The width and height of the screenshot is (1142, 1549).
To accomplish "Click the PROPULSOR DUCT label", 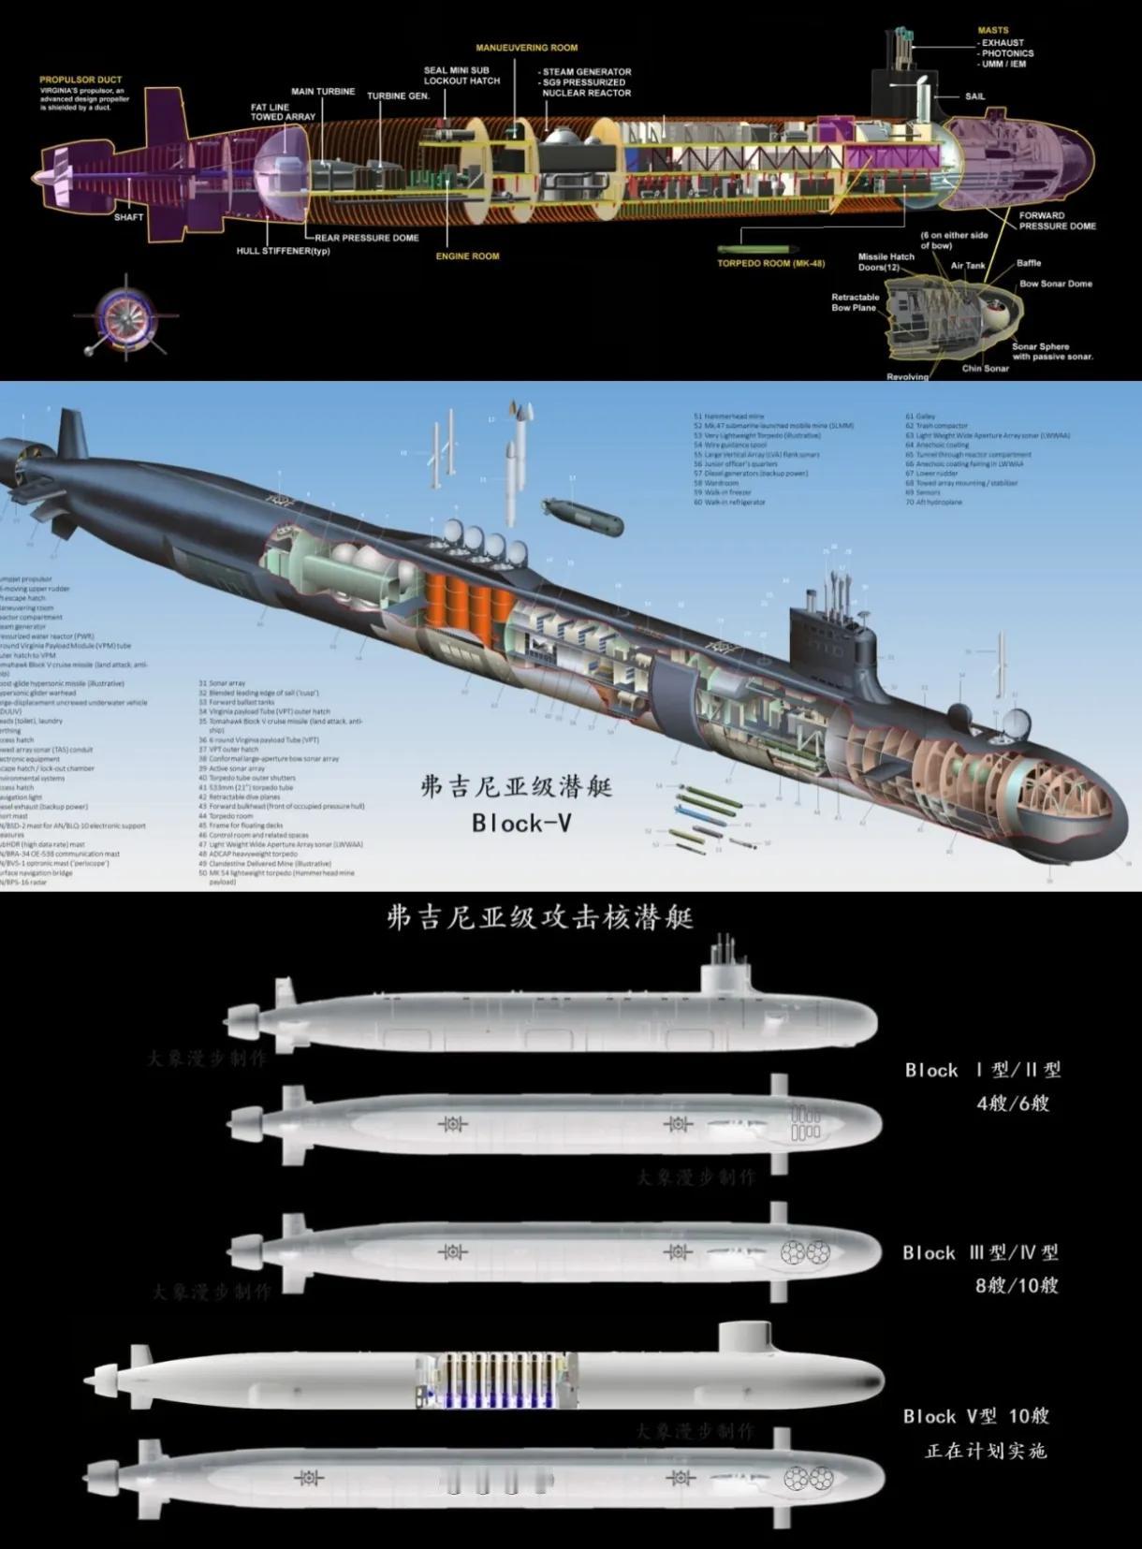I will click(x=81, y=80).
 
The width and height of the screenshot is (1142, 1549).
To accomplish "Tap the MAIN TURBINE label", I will click(x=323, y=92).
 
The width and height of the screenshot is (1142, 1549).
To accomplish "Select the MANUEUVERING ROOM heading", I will click(x=526, y=48).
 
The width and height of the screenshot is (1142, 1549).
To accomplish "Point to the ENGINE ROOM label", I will click(x=467, y=256).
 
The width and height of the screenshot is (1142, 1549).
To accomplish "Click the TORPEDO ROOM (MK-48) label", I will click(x=770, y=264).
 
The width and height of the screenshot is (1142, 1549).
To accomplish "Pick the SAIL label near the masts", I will click(x=974, y=96).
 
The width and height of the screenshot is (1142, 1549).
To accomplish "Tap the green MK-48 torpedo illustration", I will click(x=755, y=249).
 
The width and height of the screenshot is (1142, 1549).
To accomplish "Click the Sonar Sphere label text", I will click(x=1040, y=346).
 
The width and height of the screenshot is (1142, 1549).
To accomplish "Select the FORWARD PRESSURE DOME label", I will click(x=1057, y=221).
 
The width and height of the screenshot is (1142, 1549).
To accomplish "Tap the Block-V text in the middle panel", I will click(x=521, y=823).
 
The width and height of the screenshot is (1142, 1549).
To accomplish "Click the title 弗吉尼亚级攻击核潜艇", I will click(x=539, y=917).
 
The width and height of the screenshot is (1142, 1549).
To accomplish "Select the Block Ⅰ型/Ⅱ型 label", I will click(x=983, y=1070).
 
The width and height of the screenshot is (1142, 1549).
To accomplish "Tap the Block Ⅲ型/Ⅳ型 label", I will click(x=980, y=1252).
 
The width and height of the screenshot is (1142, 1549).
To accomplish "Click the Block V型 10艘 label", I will click(x=975, y=1416).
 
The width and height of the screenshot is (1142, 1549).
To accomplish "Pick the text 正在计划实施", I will click(x=985, y=1451).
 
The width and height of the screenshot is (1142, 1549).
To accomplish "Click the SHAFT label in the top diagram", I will click(x=129, y=217).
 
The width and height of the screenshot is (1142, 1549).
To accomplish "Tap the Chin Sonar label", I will click(x=985, y=368).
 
